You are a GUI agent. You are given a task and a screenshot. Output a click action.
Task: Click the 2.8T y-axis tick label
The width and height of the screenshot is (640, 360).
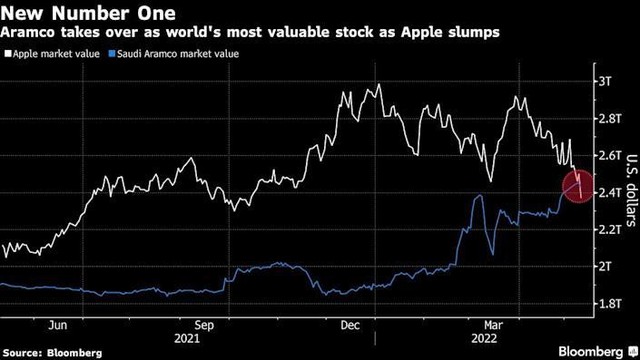pos(608,118)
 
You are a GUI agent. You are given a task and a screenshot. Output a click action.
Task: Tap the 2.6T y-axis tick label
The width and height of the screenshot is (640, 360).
pos(608,155)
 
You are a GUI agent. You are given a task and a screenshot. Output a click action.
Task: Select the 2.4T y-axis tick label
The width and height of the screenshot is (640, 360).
pos(608,192)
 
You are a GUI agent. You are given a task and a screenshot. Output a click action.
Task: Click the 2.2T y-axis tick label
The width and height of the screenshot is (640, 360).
pos(608,229)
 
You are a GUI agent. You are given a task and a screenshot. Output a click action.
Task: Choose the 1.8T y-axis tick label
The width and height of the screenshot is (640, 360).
pos(608,303)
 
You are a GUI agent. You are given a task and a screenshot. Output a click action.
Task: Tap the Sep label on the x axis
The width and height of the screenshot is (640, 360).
pos(205,325)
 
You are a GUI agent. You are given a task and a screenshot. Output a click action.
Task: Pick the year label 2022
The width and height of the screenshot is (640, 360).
pos(474,339)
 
